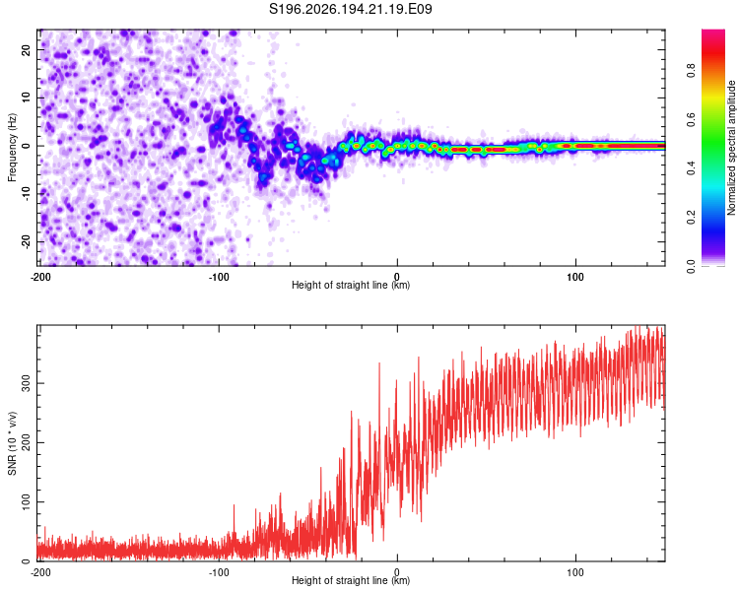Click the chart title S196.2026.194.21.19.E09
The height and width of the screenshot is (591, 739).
[x=350, y=9]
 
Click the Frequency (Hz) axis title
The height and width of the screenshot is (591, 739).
[x=12, y=148]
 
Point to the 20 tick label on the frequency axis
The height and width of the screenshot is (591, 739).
[x=26, y=50]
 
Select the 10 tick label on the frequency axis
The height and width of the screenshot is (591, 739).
[x=26, y=98]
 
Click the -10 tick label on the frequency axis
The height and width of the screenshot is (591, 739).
[x=26, y=194]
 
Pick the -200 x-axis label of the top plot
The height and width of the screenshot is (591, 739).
[x=40, y=277]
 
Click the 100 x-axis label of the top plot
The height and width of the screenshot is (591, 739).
[x=575, y=277]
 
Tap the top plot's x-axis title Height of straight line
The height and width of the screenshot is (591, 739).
[x=351, y=285]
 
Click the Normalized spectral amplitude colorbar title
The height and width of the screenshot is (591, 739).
[x=731, y=148]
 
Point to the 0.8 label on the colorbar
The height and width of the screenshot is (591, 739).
[x=691, y=71]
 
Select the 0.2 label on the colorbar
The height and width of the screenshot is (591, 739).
[x=691, y=218]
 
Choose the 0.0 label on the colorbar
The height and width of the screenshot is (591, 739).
[x=691, y=267]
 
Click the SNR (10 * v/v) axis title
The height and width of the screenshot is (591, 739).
[x=12, y=443]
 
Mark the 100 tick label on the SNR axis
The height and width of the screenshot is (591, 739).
[x=26, y=502]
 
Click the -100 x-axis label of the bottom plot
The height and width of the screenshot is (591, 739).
[x=219, y=572]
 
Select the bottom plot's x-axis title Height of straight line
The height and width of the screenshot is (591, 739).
[x=351, y=580]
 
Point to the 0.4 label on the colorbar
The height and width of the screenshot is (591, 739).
[x=691, y=168]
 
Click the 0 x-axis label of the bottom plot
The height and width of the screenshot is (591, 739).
[x=397, y=572]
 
